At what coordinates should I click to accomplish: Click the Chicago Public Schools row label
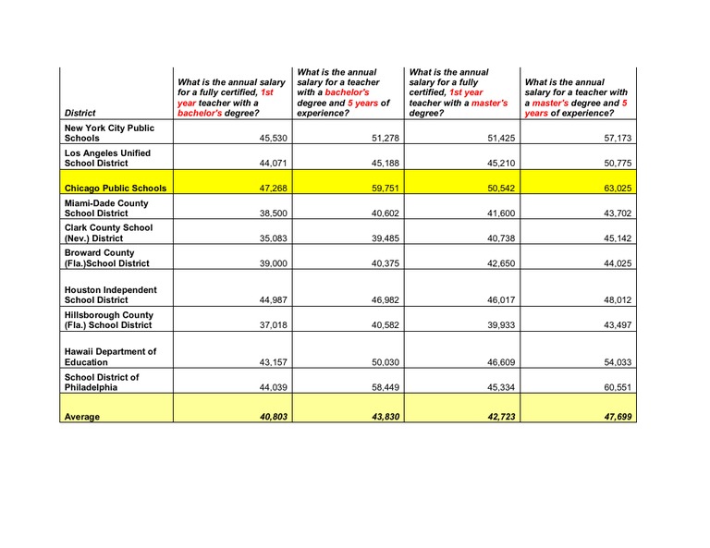click(116, 188)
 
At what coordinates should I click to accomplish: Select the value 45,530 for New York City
click(265, 138)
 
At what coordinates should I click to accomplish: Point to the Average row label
click(82, 417)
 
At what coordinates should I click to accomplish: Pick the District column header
click(80, 113)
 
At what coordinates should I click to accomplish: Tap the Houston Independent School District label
click(110, 294)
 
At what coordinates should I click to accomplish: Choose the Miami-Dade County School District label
click(106, 207)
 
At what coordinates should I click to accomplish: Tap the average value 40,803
click(265, 417)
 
